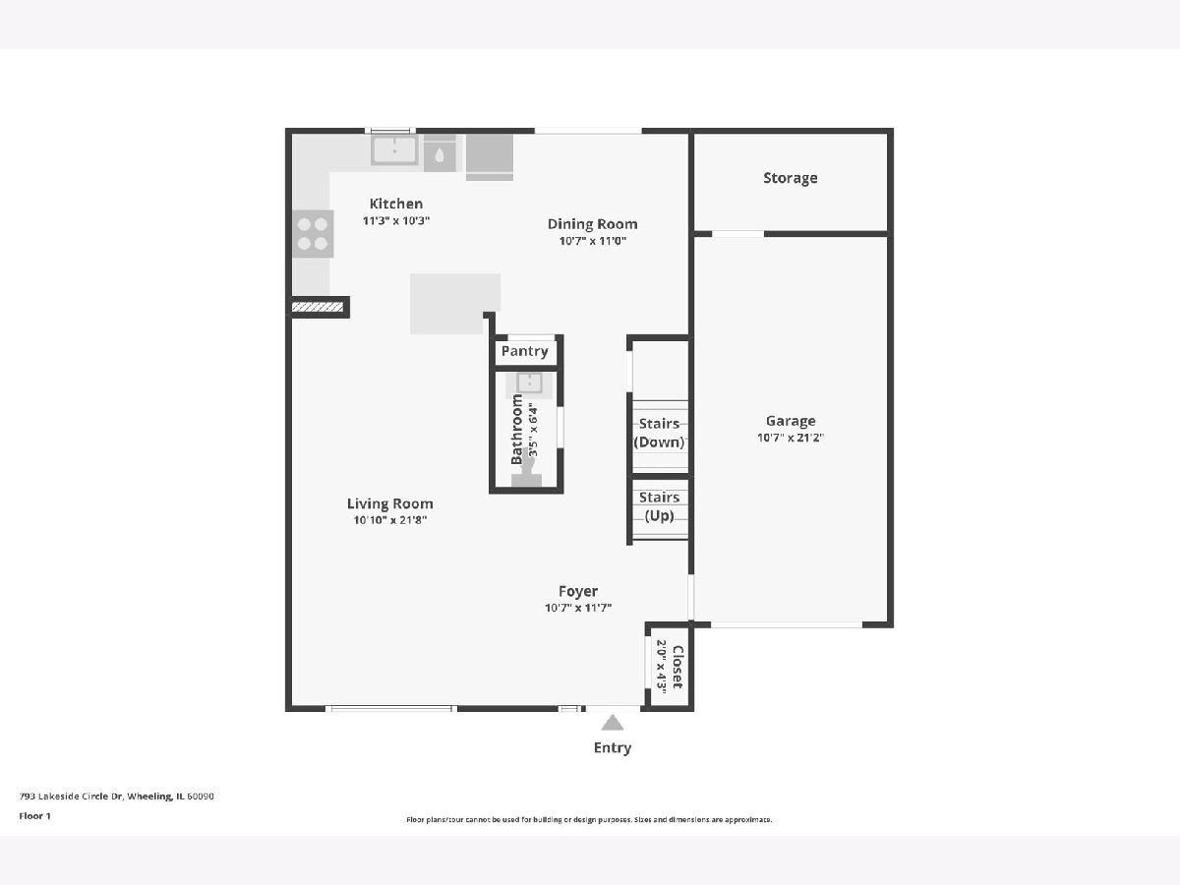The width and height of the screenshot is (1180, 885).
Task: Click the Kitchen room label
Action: (x=396, y=204)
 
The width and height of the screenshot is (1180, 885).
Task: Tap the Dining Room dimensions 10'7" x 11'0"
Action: (x=592, y=241)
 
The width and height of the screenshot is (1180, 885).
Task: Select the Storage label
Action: (x=791, y=178)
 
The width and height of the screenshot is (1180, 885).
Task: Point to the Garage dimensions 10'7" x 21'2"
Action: (x=791, y=438)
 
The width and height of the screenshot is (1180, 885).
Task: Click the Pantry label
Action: (x=525, y=351)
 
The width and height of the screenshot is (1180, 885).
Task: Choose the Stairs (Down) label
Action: (x=659, y=433)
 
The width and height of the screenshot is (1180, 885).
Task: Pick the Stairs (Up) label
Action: (x=659, y=506)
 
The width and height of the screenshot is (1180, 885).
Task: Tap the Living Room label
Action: (x=389, y=503)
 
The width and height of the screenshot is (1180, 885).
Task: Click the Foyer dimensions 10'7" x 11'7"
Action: (x=578, y=608)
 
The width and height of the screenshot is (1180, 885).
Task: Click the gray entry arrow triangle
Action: (x=613, y=723)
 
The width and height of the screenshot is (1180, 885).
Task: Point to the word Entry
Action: (x=613, y=747)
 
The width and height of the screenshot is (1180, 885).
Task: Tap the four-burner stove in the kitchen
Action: (x=313, y=234)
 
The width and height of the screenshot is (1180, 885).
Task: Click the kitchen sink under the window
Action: (x=394, y=149)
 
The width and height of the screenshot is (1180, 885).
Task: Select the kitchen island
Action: (x=455, y=304)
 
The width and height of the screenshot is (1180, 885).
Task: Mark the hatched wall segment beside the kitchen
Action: (x=318, y=307)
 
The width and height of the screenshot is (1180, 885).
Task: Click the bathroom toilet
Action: (x=526, y=475)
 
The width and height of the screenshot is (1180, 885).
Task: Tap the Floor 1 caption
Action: (x=35, y=816)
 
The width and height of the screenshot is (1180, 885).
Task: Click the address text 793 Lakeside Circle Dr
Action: (x=71, y=796)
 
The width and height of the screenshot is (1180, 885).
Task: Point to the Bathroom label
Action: (x=516, y=429)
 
